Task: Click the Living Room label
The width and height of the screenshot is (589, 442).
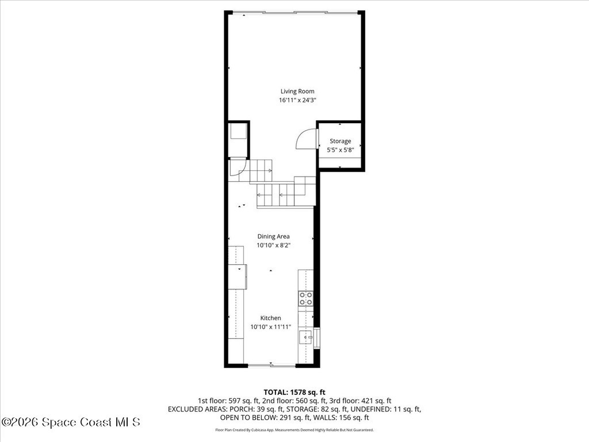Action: click(297, 92)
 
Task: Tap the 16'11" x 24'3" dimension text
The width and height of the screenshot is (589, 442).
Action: click(297, 100)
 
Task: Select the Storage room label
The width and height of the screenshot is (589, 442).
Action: click(341, 142)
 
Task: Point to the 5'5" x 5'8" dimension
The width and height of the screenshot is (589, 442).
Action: click(341, 150)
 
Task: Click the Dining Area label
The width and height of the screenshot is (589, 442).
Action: click(273, 237)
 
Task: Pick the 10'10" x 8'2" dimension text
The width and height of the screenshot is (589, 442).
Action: click(273, 245)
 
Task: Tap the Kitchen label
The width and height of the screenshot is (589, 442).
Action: click(271, 318)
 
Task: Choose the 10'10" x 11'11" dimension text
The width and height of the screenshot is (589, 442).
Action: click(271, 327)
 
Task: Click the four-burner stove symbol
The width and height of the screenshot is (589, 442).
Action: click(306, 299)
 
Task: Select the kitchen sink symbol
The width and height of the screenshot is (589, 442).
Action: click(306, 337)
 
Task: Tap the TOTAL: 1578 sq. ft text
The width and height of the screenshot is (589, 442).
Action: click(294, 393)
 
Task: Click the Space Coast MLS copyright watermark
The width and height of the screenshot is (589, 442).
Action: click(71, 422)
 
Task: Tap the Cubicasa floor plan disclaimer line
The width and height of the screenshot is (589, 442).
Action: click(294, 430)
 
